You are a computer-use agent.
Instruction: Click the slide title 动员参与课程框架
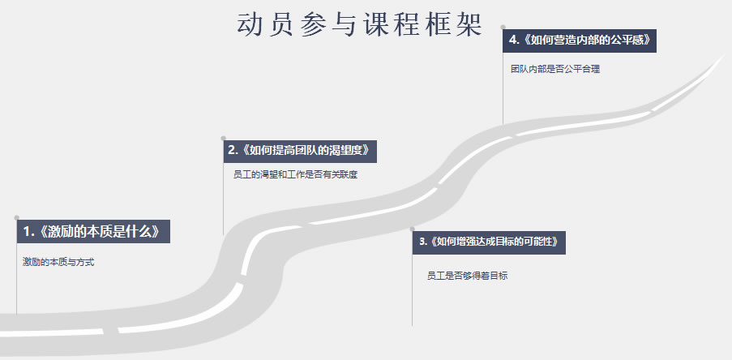coord(359,25)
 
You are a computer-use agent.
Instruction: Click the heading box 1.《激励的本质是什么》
coord(93,232)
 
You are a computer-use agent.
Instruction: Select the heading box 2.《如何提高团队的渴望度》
coord(300,152)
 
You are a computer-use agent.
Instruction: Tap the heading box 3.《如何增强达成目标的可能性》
coord(489,242)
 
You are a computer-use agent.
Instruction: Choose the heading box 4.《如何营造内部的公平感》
coord(580,41)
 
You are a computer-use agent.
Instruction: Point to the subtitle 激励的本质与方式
coord(58,262)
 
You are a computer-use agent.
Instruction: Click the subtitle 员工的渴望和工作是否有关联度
coord(296,175)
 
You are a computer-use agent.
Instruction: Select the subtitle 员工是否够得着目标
coord(467,276)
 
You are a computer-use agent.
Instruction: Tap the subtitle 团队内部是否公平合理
coord(555,70)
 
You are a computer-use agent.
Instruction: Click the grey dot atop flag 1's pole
coord(17,217)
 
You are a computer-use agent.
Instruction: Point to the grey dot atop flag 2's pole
coord(223,138)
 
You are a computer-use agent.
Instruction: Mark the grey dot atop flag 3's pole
coord(413,229)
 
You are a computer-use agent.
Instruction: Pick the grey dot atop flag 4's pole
coord(503,27)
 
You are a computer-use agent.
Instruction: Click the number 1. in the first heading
coord(29,232)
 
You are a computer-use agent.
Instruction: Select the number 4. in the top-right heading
coord(514,41)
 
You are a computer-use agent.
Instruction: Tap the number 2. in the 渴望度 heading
coord(233,150)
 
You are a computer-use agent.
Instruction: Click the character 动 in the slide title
coord(249,25)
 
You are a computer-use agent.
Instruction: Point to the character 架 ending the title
coord(469,25)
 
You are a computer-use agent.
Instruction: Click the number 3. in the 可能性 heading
coord(423,242)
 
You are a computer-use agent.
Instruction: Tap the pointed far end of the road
coord(725,56)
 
